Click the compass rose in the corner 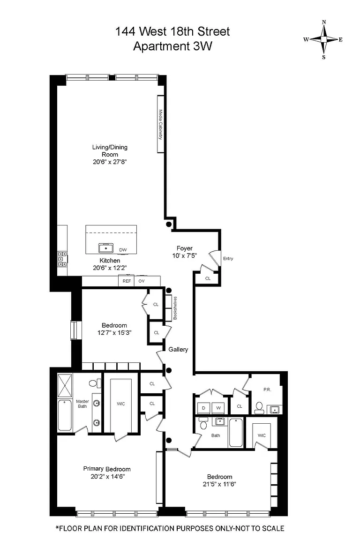[323, 39]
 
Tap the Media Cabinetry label [160, 124]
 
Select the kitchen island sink [106, 247]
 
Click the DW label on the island [123, 250]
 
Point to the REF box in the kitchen [127, 281]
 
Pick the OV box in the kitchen [141, 281]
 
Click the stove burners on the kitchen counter [62, 259]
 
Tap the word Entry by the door [228, 258]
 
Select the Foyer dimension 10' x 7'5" [185, 255]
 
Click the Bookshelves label [175, 308]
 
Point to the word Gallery [178, 349]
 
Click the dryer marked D [203, 408]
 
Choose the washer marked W [218, 408]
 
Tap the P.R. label [267, 390]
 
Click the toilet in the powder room [259, 408]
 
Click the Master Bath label [82, 404]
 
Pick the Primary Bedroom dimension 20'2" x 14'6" [107, 477]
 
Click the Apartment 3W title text [172, 46]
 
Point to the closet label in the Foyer [208, 278]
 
